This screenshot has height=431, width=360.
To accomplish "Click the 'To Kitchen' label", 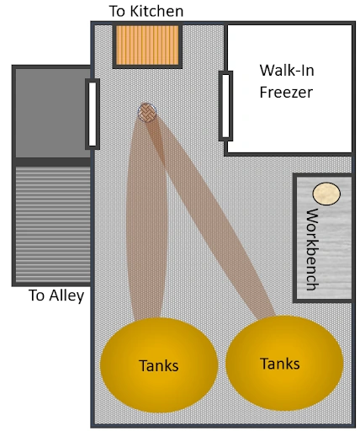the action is [146, 11].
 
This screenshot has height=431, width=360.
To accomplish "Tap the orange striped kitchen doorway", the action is [147, 45].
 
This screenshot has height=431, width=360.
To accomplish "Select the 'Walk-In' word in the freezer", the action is [287, 70].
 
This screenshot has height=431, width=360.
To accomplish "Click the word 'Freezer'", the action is [286, 92].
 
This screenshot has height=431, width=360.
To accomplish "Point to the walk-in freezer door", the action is [225, 106].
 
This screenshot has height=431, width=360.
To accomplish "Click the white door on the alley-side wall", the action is [93, 114].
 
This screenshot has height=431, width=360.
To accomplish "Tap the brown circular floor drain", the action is [147, 113].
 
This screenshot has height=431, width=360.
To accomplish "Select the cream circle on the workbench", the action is [326, 194].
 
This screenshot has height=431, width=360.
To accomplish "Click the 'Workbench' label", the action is [313, 249].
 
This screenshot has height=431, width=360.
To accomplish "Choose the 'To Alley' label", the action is [56, 295].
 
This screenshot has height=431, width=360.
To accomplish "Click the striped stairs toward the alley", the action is [53, 224].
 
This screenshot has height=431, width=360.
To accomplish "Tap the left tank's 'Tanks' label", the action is [159, 365].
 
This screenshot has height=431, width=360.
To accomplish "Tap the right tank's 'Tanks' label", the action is [280, 364].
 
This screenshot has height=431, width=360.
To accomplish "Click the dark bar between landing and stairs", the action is [53, 162].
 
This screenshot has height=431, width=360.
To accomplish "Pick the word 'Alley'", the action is [66, 295].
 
